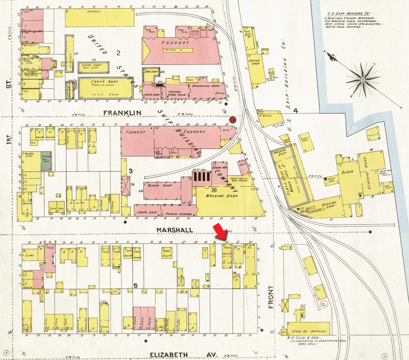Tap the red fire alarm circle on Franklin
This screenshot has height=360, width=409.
tap(233, 120)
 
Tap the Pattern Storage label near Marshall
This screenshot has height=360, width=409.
tap(176, 211)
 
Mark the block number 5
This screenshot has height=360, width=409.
tap(135, 285)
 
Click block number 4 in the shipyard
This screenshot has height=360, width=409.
tap(295, 110)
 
